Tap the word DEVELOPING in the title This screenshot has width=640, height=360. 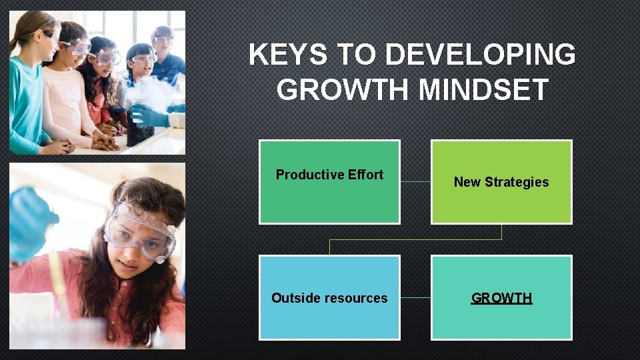pos(480,55)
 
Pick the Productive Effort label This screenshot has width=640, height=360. pos(329,175)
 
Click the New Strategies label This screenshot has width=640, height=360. pos(501,182)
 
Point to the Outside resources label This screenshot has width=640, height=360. pos(329,298)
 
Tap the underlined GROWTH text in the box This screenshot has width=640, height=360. pos(501,298)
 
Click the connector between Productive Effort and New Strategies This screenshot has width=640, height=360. pos(415,181)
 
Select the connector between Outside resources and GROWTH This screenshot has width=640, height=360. pos(415,297)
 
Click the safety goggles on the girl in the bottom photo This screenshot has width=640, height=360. pos(140,230)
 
